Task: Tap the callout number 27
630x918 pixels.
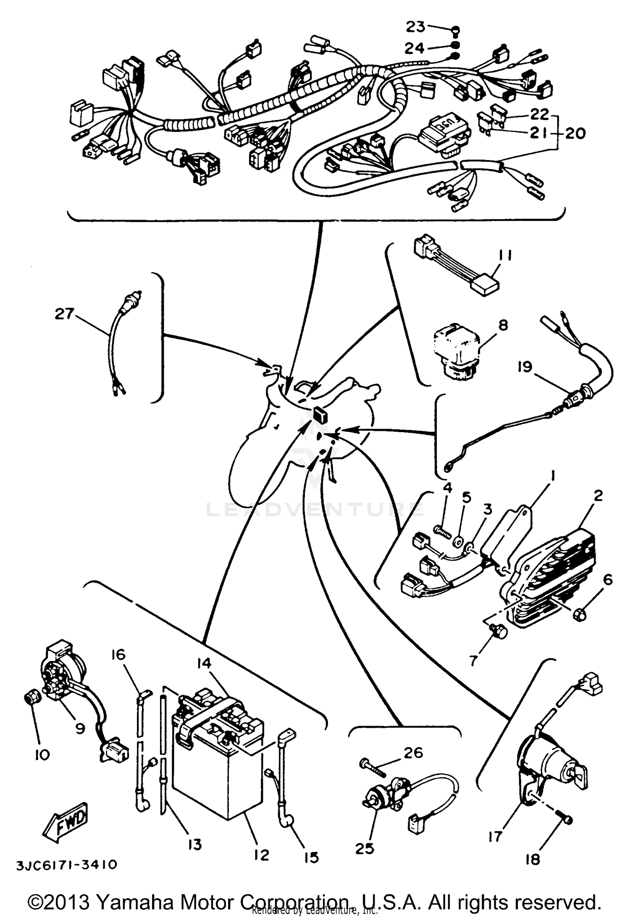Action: click(x=64, y=314)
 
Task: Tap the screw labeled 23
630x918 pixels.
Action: click(x=457, y=30)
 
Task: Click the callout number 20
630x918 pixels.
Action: click(x=574, y=134)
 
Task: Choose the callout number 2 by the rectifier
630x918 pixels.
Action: click(x=598, y=496)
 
